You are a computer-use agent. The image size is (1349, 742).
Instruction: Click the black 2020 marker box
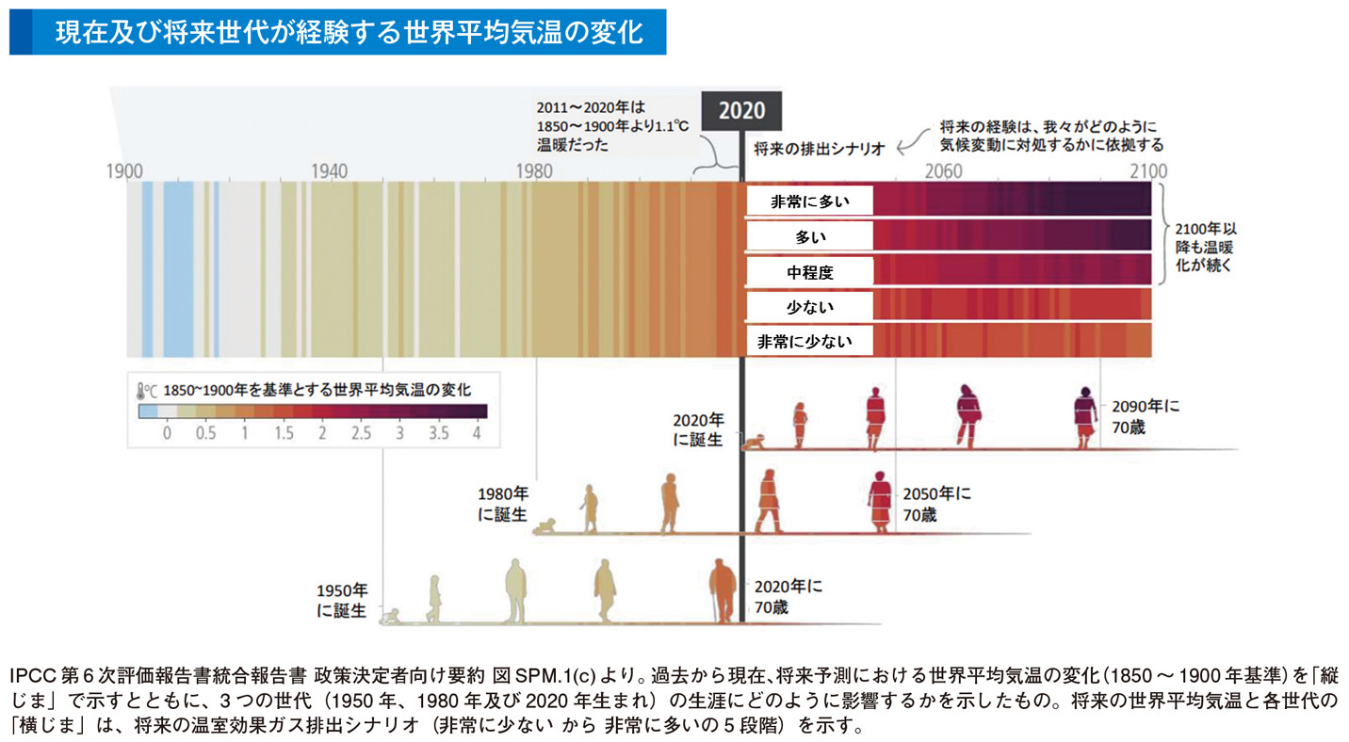tap(742, 111)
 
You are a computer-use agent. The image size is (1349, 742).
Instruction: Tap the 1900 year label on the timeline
tap(124, 171)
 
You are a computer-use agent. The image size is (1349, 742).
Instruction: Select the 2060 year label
tap(944, 171)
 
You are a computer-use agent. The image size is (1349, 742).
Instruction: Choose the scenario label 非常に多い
tap(809, 201)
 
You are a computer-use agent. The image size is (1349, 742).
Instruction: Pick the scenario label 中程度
tap(809, 272)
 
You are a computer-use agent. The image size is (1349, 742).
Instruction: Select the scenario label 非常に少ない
tap(809, 342)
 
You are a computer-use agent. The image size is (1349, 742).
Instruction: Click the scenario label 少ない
tap(809, 307)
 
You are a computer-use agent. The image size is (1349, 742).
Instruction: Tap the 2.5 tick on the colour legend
tap(360, 433)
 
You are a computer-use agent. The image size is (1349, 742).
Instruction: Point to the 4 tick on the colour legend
tap(478, 433)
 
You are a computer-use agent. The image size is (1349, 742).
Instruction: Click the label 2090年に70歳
tap(1144, 415)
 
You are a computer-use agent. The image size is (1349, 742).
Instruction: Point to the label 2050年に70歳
tap(936, 504)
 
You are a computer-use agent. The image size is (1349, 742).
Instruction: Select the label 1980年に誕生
tap(501, 504)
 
